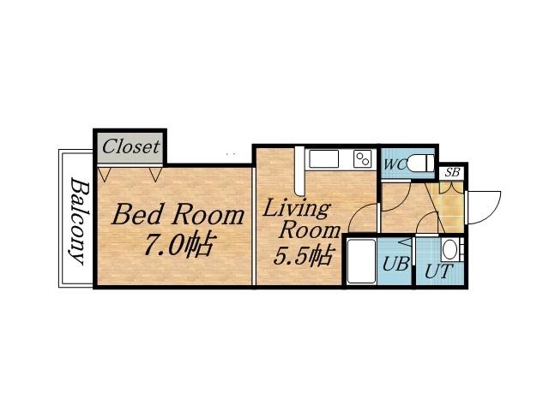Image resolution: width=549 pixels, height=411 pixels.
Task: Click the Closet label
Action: [130, 146]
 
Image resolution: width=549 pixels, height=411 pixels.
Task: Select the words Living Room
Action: [296, 218]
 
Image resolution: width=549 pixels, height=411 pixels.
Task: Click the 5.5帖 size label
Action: [303, 254]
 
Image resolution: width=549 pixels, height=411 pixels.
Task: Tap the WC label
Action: [394, 164]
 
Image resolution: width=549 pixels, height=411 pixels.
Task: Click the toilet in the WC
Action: [419, 163]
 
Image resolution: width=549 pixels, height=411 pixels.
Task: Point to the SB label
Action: [452, 172]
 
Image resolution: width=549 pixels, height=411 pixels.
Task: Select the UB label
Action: [395, 264]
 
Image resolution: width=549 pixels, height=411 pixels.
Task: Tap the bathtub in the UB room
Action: [363, 261]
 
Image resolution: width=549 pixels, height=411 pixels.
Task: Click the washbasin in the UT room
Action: [450, 251]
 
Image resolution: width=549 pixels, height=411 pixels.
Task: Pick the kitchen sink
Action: [325, 159]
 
